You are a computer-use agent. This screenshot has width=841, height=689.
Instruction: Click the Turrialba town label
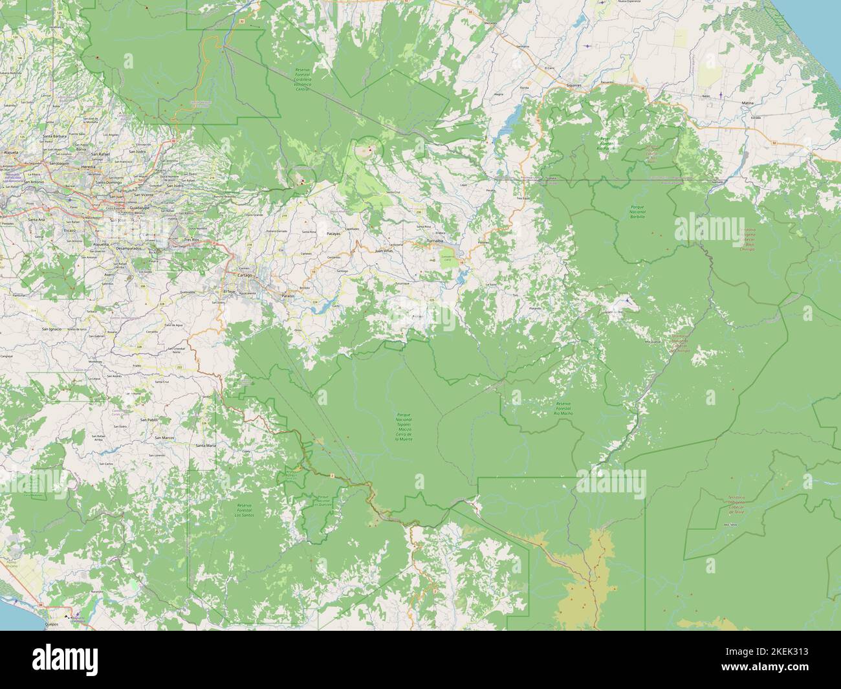point(435,241)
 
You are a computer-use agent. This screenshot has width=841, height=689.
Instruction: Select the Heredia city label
point(98,167)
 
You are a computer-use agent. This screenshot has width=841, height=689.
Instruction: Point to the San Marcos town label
point(164,439)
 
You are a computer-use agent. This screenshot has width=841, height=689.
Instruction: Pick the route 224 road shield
point(314,302)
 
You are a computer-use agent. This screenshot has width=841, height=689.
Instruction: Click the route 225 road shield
point(431,300)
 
